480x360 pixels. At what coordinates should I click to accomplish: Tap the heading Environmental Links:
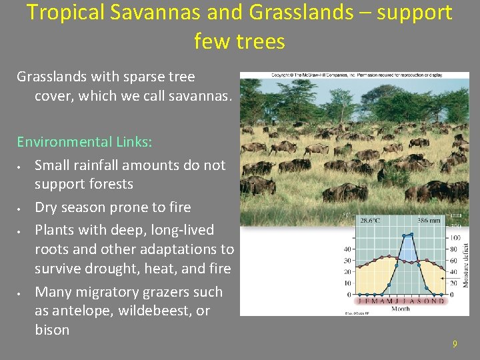point(85,142)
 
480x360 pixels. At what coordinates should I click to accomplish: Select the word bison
point(52,330)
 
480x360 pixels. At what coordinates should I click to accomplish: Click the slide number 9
point(455,344)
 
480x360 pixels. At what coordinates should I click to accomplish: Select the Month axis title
point(401,309)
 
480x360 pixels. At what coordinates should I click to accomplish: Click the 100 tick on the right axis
point(455,238)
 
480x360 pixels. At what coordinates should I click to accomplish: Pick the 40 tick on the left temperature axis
point(348,249)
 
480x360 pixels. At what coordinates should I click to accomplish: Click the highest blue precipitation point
point(411,234)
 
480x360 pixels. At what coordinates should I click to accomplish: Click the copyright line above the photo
point(354,76)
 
